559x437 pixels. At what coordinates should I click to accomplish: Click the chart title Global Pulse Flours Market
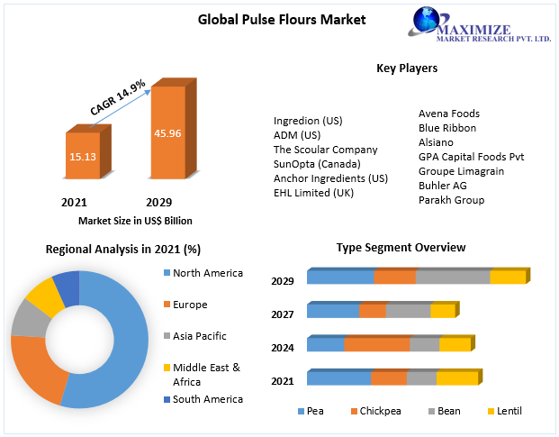pyautogui.click(x=282, y=19)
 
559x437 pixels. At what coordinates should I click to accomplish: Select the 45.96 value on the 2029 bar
pyautogui.click(x=167, y=133)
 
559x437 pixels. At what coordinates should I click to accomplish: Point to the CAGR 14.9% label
pyautogui.click(x=118, y=97)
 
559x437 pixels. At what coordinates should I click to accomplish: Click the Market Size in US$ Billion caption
pyautogui.click(x=135, y=220)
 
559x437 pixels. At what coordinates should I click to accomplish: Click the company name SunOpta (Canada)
pyautogui.click(x=317, y=164)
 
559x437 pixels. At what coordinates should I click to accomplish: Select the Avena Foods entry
pyautogui.click(x=449, y=114)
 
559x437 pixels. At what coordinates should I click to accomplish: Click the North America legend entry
pyautogui.click(x=207, y=273)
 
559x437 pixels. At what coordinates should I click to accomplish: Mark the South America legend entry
pyautogui.click(x=207, y=399)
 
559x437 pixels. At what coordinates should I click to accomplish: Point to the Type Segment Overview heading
pyautogui.click(x=401, y=247)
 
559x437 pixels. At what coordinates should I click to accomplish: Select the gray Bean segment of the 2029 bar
pyautogui.click(x=453, y=278)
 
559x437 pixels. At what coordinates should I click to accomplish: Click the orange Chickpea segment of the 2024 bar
pyautogui.click(x=376, y=344)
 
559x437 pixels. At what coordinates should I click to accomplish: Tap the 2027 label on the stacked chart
pyautogui.click(x=283, y=314)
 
